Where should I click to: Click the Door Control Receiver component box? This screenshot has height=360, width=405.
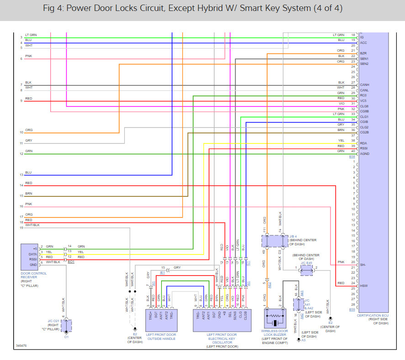point(29,255)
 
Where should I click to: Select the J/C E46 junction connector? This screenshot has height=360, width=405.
point(306,270)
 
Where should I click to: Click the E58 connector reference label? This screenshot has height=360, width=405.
point(352,157)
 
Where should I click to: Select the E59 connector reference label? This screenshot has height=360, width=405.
point(352,310)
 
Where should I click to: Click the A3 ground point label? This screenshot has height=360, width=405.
point(303,340)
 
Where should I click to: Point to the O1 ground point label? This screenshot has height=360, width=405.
point(66,338)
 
